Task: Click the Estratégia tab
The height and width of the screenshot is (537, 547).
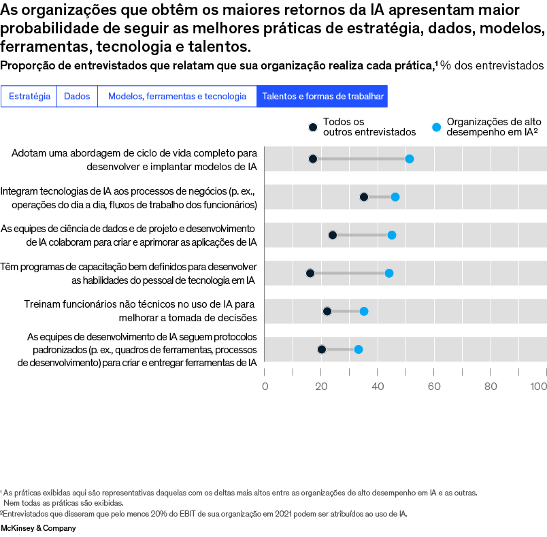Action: point(29,97)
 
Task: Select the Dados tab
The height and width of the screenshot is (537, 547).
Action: point(77,97)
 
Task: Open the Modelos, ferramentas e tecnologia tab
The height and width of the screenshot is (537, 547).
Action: point(177,97)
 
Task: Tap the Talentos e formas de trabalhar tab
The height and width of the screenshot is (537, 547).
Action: point(322,97)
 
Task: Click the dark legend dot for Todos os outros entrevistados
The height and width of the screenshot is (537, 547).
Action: point(313,127)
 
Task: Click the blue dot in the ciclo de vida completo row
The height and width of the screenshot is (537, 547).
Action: point(410,159)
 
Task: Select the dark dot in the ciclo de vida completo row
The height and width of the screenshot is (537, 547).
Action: point(313,159)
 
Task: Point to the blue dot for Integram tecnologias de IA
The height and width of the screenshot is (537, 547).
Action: point(395,197)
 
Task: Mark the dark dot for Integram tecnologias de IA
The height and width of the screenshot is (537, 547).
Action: point(364,197)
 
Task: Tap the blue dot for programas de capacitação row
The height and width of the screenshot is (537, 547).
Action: point(389,273)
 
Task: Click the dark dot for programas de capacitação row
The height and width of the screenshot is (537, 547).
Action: point(310,273)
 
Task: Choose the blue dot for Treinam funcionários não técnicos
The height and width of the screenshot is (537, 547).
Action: point(364,311)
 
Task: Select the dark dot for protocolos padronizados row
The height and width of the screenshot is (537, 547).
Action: point(322,349)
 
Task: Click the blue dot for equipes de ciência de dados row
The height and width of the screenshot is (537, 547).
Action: point(392,235)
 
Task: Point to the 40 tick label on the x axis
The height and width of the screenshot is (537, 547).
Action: point(378,387)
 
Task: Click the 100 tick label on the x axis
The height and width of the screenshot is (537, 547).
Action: point(539,387)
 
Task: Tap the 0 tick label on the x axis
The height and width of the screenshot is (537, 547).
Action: point(265,387)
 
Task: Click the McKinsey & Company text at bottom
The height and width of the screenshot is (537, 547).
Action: point(38,528)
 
